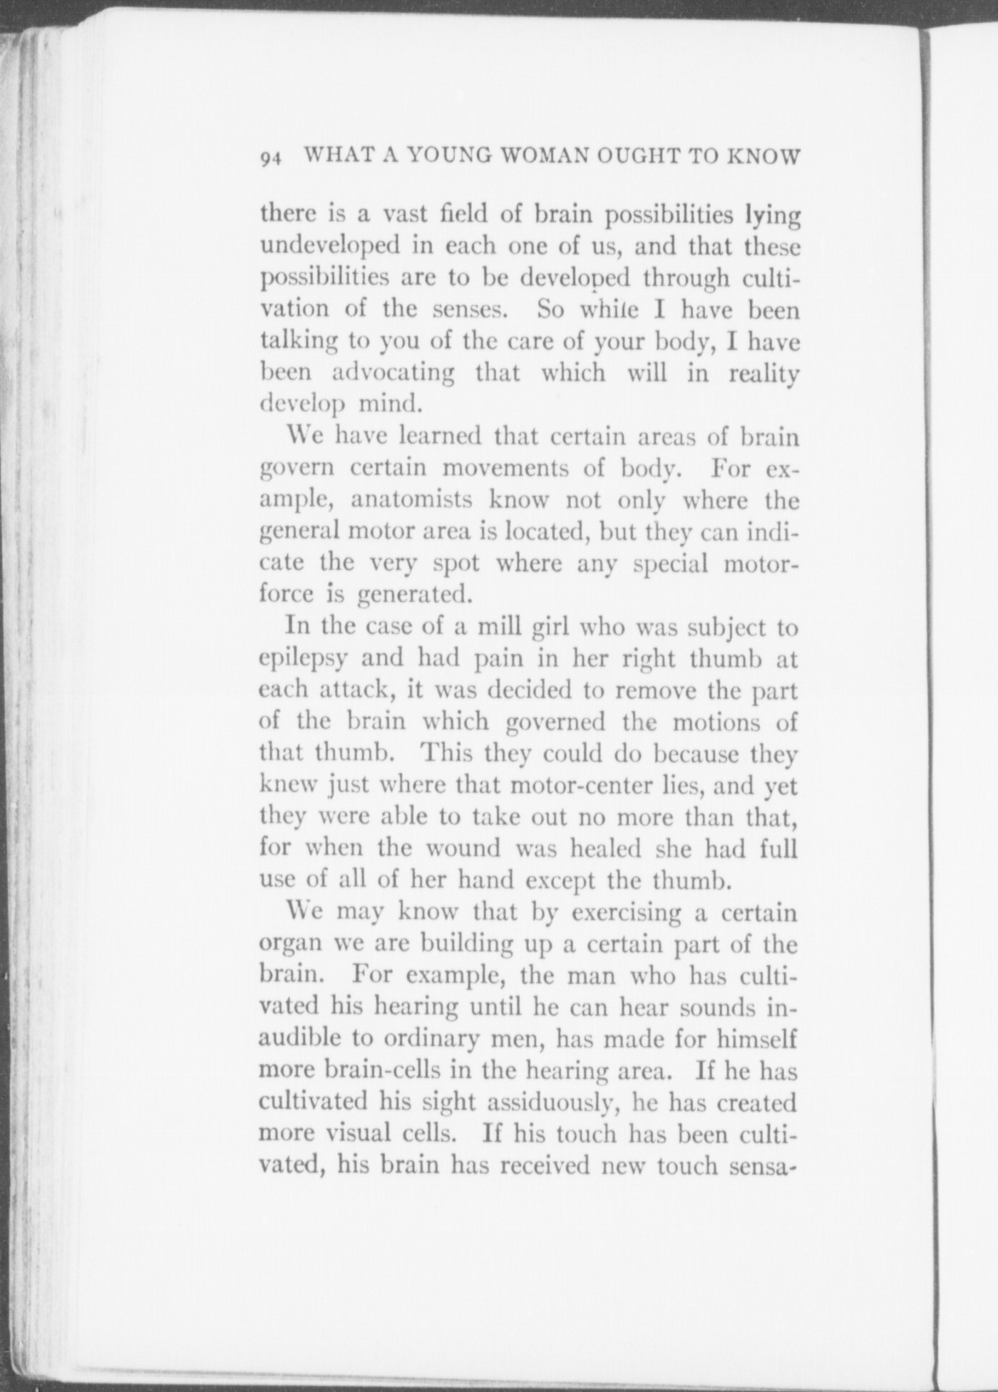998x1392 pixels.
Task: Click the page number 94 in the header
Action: pos(271,159)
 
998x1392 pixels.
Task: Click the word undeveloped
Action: pos(329,246)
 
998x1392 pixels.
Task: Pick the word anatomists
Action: pos(411,499)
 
